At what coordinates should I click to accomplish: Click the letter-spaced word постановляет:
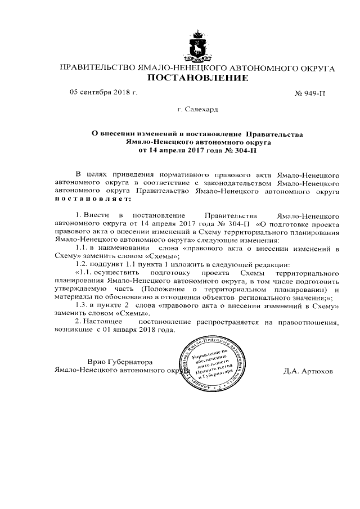tap(92, 199)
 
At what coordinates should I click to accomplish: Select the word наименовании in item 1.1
tap(121, 247)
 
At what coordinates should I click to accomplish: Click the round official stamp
tap(211, 367)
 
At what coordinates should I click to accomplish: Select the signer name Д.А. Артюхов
tap(302, 372)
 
